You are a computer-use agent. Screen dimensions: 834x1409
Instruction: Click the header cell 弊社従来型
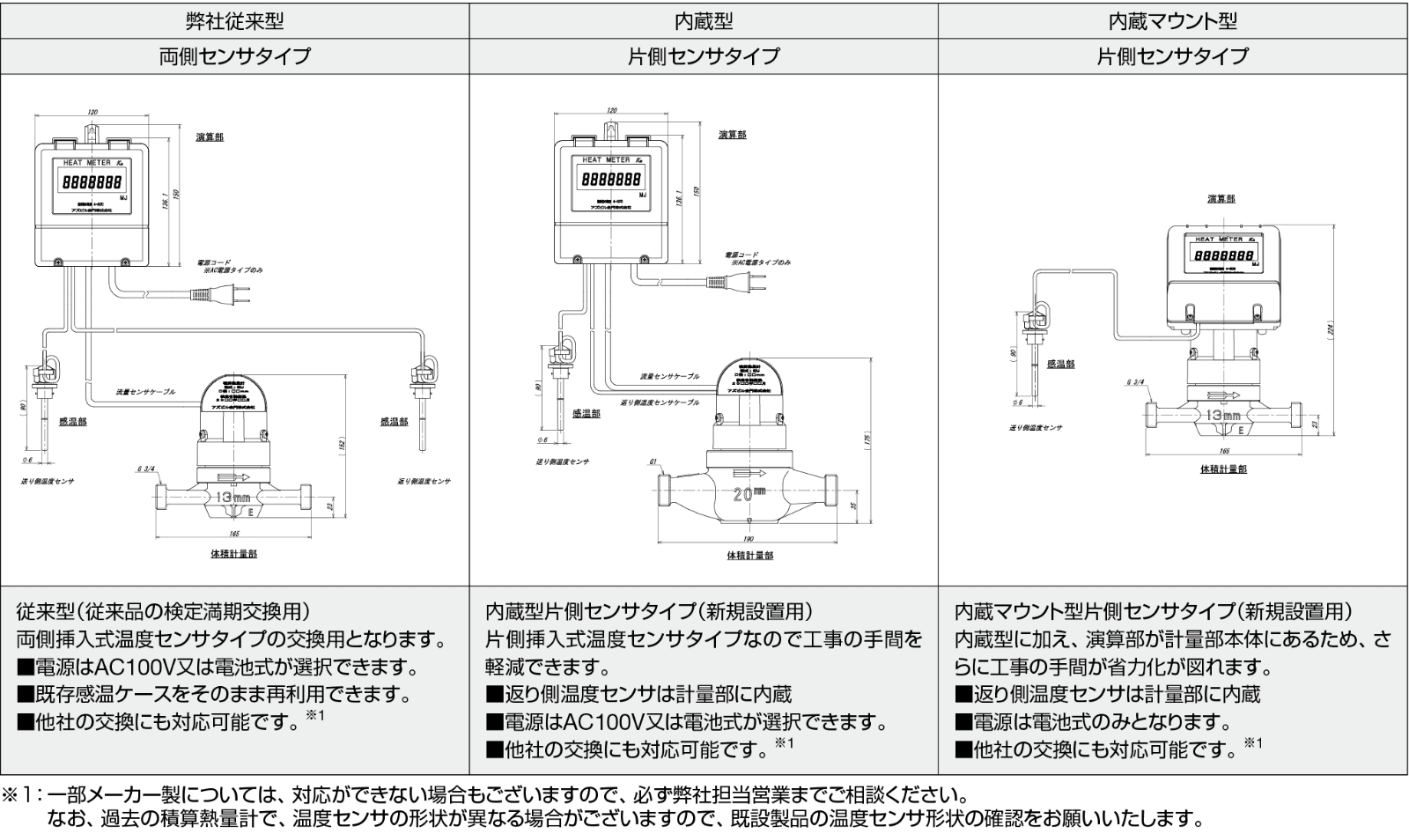234,19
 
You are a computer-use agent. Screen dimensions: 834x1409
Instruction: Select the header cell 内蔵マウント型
1172,19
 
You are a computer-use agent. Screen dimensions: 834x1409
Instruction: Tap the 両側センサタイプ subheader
234,55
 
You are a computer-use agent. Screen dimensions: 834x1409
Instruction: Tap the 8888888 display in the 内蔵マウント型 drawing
1221,254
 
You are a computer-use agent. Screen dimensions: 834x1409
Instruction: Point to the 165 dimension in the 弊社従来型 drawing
233,534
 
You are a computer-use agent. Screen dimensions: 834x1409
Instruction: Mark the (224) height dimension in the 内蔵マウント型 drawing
1331,329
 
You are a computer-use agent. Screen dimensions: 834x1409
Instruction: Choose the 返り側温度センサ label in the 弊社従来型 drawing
424,481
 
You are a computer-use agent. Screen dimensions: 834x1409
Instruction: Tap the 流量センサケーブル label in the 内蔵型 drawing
669,376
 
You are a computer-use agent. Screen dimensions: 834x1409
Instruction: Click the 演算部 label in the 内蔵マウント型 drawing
1221,199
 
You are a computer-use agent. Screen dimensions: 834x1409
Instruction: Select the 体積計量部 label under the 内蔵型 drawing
749,556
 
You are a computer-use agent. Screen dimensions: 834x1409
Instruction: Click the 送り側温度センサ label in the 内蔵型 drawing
563,461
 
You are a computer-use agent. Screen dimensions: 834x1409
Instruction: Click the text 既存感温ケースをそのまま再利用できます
214,694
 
